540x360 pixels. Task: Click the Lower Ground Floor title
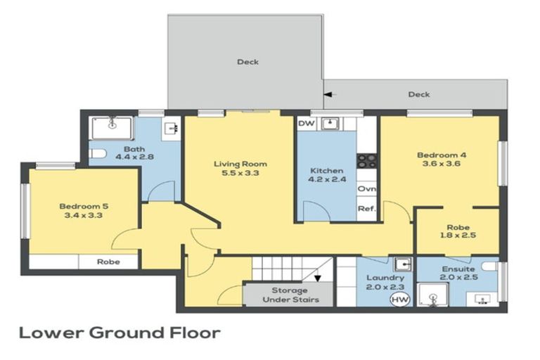pos(119,332)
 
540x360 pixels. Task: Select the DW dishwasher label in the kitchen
pos(305,124)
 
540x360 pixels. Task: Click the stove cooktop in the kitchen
pos(366,161)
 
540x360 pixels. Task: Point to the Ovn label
pos(366,189)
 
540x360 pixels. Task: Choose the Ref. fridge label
pos(366,209)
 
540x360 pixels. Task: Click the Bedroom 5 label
pos(83,206)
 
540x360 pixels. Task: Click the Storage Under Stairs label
pos(290,295)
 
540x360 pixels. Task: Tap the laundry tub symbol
pos(402,265)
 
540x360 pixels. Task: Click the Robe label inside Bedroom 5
pos(108,262)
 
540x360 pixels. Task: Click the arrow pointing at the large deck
pos(327,94)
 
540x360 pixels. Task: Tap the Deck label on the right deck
pos(419,94)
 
